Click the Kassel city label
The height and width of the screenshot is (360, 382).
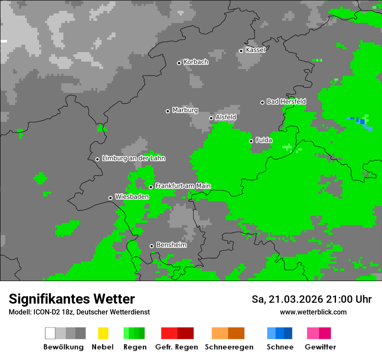[x=255, y=50]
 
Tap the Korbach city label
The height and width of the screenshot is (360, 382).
[x=196, y=62]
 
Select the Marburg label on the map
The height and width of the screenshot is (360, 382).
[x=185, y=110]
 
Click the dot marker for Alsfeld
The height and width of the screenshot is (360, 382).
[x=211, y=118]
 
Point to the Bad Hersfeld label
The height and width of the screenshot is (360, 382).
[x=286, y=101]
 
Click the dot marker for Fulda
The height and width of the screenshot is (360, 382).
[x=251, y=141]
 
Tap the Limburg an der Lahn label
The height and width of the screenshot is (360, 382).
[x=133, y=158]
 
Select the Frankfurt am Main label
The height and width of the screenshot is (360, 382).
[x=183, y=186]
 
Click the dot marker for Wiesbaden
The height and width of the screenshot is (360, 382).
[x=110, y=198]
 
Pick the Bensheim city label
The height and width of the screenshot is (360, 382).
[x=171, y=245]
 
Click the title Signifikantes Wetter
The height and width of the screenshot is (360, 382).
[x=72, y=299]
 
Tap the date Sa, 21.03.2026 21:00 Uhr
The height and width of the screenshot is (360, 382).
[x=311, y=299]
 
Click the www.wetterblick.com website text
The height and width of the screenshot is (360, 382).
[x=313, y=312]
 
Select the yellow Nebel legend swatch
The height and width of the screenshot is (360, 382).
[x=103, y=333]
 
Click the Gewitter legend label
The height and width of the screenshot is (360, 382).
[x=320, y=347]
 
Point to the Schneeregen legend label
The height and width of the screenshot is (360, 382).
[x=229, y=347]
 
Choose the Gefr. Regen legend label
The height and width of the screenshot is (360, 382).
[x=176, y=347]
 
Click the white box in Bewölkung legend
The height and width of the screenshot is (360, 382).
[x=50, y=333]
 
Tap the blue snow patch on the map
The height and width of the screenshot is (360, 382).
[x=362, y=122]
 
